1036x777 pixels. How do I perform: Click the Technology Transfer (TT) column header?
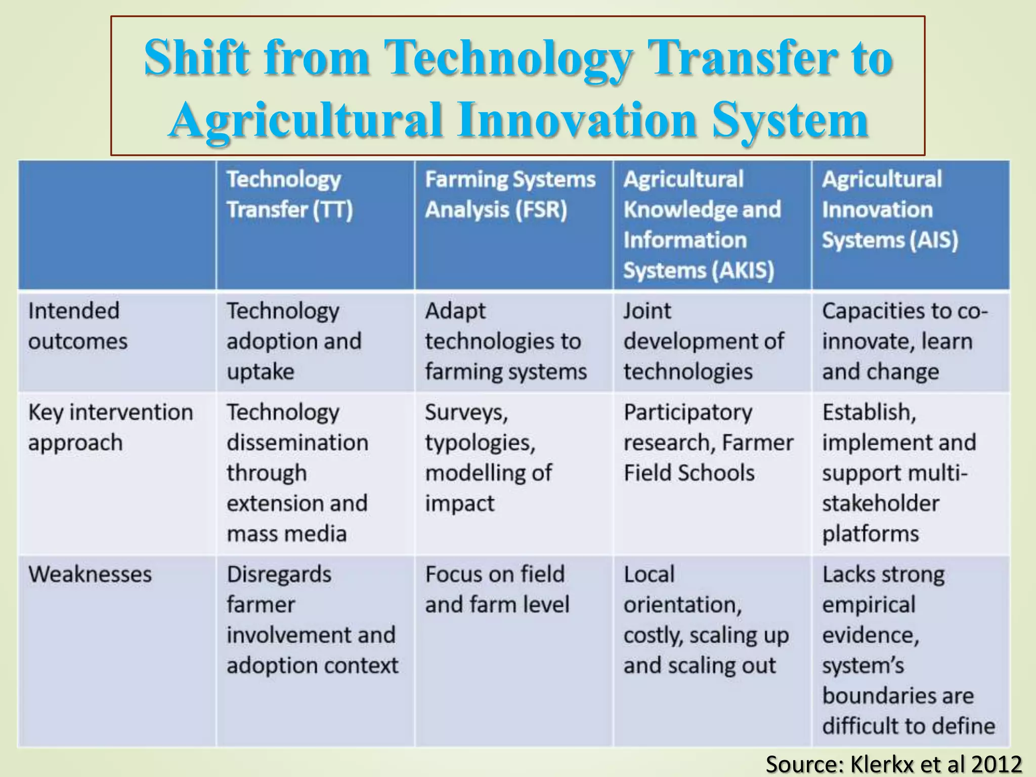pos(289,194)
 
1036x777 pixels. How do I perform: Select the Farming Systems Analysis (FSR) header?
pos(510,194)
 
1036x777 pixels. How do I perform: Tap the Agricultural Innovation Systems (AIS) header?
pos(889,209)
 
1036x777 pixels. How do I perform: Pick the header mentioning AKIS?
pos(702,225)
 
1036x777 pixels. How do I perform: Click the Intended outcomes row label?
pos(78,326)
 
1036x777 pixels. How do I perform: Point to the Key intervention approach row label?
pos(110,427)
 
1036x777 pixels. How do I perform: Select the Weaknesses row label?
pos(90,574)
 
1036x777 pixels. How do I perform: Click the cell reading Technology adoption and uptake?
pos(293,341)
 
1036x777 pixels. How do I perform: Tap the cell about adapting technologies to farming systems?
pos(505,341)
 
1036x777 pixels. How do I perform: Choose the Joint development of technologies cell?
pos(703,341)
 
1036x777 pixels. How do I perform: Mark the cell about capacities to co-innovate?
pos(904,341)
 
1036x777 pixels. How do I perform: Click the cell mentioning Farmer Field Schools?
pos(708,442)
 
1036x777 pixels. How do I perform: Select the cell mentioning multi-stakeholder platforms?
pos(898,472)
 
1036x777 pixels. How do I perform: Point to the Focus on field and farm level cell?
pos(497,589)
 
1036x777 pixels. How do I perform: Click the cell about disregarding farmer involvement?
pos(312,620)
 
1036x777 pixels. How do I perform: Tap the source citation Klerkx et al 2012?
pos(893,763)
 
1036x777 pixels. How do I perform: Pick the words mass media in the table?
pos(286,534)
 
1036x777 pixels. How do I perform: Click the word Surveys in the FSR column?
pos(466,412)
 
